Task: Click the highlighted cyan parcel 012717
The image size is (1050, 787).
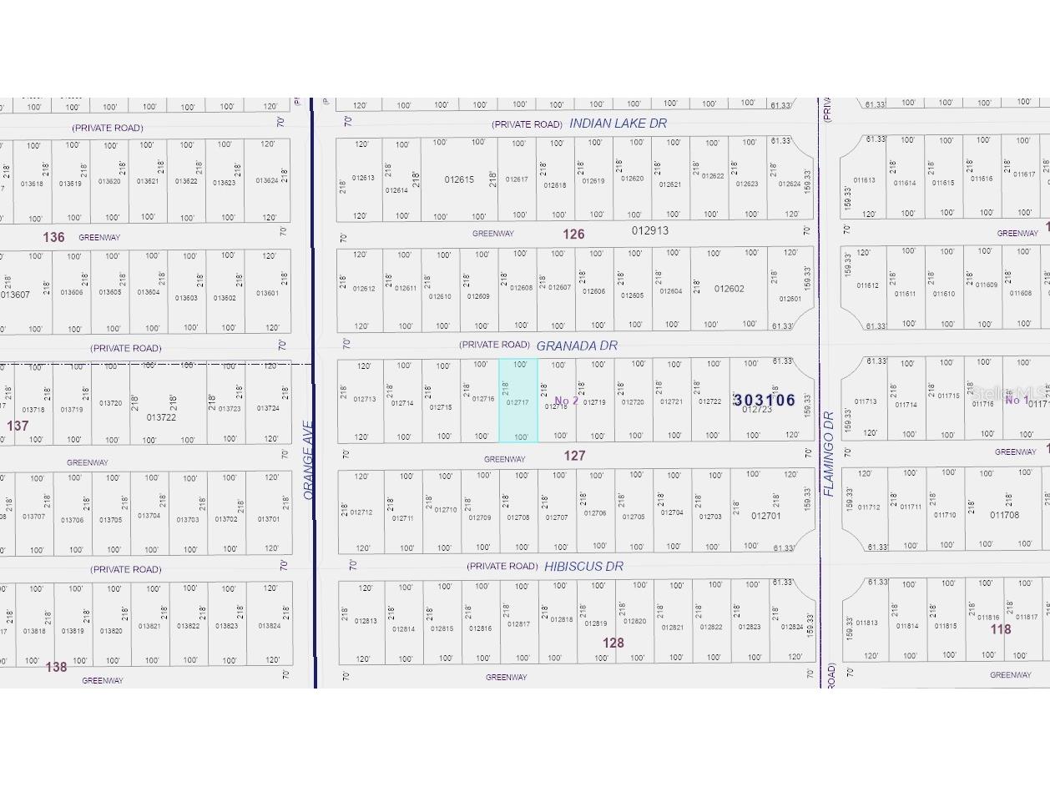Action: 518,401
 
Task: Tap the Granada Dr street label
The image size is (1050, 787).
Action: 577,346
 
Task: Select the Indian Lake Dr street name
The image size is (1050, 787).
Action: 618,124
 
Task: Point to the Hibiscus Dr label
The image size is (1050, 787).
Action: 583,566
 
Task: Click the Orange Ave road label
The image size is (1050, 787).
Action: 308,472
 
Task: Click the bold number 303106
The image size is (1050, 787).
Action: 765,401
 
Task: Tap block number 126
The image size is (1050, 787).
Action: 573,235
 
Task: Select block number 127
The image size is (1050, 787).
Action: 574,456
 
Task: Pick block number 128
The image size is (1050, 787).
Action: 613,643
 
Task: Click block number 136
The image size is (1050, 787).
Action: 53,237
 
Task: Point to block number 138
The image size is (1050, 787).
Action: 56,667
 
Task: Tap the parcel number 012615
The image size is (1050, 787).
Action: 459,179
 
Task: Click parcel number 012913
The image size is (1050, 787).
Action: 650,230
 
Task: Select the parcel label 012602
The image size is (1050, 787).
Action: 729,289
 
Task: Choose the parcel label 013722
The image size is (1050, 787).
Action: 161,417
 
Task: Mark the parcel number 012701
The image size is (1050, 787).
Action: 766,516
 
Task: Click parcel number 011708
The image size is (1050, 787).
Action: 1004,515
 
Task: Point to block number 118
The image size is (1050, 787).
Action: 1001,629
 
